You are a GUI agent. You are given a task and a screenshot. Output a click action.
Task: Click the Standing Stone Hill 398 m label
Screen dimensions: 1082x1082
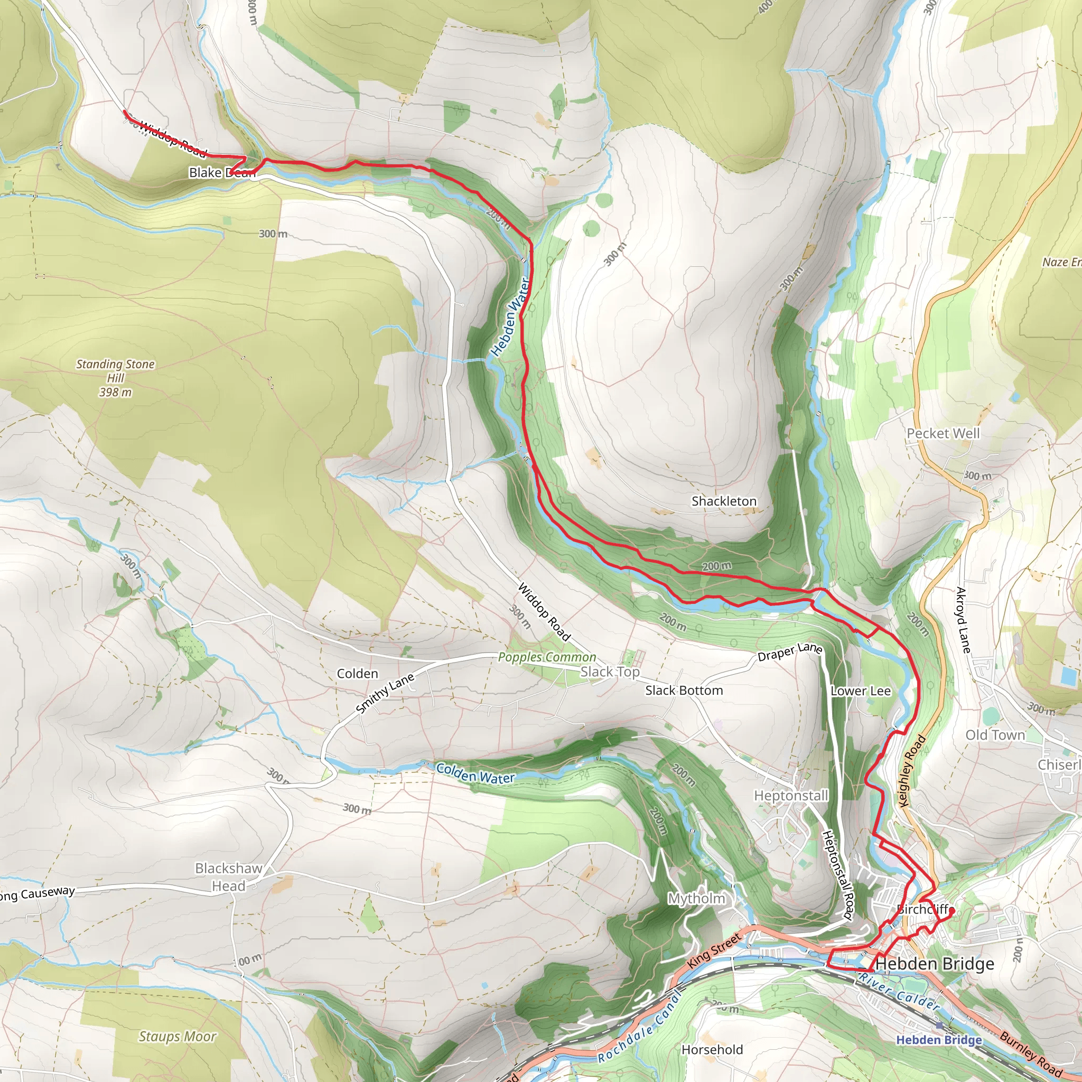(x=115, y=378)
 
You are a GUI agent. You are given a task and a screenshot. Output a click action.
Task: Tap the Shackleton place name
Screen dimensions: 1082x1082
(x=724, y=501)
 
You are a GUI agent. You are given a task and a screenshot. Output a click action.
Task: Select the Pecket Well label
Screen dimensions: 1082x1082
(x=943, y=433)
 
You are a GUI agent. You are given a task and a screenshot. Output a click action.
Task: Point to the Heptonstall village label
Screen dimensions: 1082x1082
(x=791, y=796)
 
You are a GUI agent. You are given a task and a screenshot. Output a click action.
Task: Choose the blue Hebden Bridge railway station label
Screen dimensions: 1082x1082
(x=939, y=1040)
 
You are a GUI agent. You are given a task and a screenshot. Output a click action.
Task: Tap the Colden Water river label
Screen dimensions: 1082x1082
(x=475, y=773)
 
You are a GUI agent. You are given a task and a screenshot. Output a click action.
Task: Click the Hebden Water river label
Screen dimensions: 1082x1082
(x=510, y=317)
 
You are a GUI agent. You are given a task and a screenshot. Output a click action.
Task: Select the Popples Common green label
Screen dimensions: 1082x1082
(x=547, y=657)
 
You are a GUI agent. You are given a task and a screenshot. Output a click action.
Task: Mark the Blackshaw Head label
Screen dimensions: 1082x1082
(x=228, y=877)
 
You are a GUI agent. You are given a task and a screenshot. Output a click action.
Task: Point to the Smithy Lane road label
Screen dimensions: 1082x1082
(x=385, y=693)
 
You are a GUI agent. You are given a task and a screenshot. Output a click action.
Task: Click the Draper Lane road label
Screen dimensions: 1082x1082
(x=790, y=652)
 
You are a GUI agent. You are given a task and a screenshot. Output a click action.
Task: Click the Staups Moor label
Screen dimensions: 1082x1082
(x=177, y=1037)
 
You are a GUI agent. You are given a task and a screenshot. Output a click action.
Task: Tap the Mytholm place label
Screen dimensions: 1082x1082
(x=696, y=898)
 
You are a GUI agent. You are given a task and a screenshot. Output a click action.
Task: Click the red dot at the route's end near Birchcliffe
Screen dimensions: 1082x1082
(x=952, y=911)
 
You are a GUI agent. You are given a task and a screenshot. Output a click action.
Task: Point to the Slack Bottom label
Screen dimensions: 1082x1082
(x=684, y=691)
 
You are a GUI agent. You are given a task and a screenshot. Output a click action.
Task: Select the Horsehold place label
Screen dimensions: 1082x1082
(x=712, y=1050)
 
